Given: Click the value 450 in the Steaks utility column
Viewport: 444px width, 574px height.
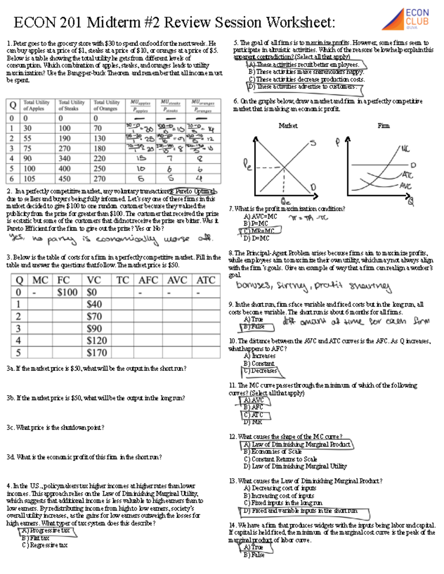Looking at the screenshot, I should tap(64, 179).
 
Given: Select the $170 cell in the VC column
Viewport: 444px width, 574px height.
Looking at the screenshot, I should tap(97, 352).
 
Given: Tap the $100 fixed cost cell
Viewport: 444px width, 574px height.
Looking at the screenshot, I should tap(67, 292).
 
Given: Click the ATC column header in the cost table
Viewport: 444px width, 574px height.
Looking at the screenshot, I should tap(206, 280).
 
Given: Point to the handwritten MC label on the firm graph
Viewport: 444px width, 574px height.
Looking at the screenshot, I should tap(405, 149).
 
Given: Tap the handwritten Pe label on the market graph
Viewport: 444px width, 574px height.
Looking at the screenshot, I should tap(247, 164).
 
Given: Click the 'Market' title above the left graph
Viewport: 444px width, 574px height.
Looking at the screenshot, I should tap(288, 126).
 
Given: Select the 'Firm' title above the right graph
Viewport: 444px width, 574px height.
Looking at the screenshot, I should tap(383, 126).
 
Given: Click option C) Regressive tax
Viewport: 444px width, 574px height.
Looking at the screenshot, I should tap(45, 545).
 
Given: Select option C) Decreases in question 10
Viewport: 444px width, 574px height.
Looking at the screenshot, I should tap(260, 371).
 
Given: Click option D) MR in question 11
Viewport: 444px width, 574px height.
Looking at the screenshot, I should tap(253, 422).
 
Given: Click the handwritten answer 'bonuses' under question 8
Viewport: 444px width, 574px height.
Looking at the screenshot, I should tap(253, 285).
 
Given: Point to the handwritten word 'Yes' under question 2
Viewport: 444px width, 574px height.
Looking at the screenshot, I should tap(16, 238).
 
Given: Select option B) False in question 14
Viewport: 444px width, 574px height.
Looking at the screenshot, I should tap(254, 555).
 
